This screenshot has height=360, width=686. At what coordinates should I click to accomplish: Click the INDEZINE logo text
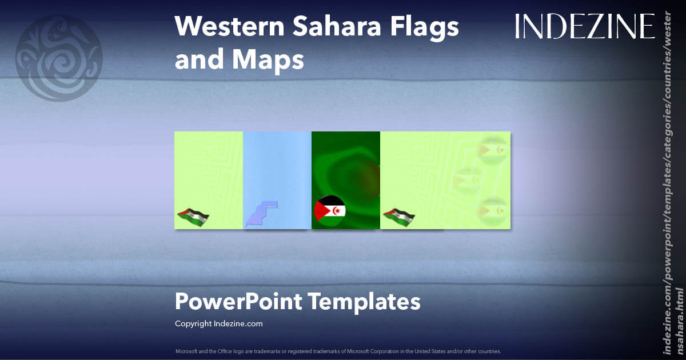pyautogui.click(x=584, y=26)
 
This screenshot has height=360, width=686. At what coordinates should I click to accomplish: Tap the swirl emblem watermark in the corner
pyautogui.click(x=59, y=58)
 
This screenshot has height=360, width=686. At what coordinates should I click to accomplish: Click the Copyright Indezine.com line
pyautogui.click(x=218, y=323)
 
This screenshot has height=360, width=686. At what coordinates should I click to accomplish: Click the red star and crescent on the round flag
pyautogui.click(x=337, y=211)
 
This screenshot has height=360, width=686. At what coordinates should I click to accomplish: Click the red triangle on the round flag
pyautogui.click(x=320, y=211)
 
